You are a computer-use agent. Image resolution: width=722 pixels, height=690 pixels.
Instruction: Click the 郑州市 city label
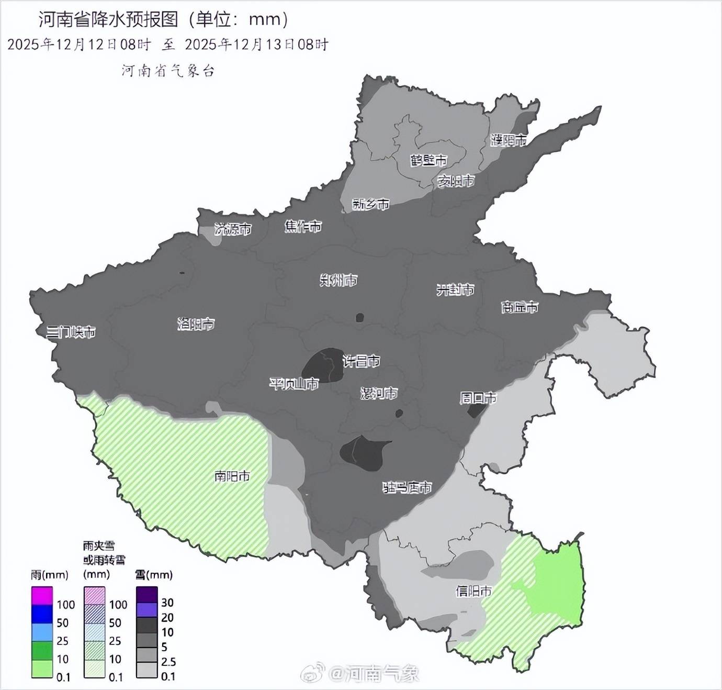pyautogui.click(x=339, y=281)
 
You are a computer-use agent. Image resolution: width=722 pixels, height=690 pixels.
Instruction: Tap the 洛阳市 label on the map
pyautogui.click(x=196, y=324)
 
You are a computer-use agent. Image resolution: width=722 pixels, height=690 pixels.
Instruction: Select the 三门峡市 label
pyautogui.click(x=71, y=332)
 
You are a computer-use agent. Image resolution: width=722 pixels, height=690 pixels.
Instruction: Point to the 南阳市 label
pyautogui.click(x=232, y=476)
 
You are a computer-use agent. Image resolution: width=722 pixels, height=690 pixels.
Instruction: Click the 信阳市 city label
pyautogui.click(x=474, y=591)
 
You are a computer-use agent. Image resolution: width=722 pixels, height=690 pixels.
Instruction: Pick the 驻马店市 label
pyautogui.click(x=408, y=488)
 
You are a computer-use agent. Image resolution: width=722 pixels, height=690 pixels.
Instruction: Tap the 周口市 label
pyautogui.click(x=478, y=398)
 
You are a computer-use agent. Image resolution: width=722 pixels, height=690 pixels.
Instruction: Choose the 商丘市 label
pyautogui.click(x=520, y=307)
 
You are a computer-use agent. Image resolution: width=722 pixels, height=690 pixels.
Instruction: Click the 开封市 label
pyautogui.click(x=455, y=290)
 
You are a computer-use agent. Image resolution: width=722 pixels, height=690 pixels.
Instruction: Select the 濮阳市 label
pyautogui.click(x=509, y=140)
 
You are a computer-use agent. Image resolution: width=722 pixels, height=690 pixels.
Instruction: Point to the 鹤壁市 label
pyautogui.click(x=428, y=160)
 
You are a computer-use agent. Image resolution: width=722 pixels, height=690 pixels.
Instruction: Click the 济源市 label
pyautogui.click(x=233, y=229)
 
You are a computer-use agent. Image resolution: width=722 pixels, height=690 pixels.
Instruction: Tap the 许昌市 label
pyautogui.click(x=361, y=361)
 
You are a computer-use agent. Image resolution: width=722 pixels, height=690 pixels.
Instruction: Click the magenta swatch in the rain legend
pyautogui.click(x=42, y=596)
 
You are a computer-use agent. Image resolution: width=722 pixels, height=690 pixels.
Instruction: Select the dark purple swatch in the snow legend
pyautogui.click(x=147, y=594)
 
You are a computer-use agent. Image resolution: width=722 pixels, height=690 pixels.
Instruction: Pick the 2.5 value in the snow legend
pyautogui.click(x=168, y=662)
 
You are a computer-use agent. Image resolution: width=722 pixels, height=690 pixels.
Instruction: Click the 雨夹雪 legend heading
pyautogui.click(x=99, y=546)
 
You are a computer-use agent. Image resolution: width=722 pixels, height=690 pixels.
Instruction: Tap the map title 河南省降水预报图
pyautogui.click(x=109, y=19)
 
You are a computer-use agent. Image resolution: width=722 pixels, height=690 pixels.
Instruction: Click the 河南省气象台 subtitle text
pyautogui.click(x=168, y=71)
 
